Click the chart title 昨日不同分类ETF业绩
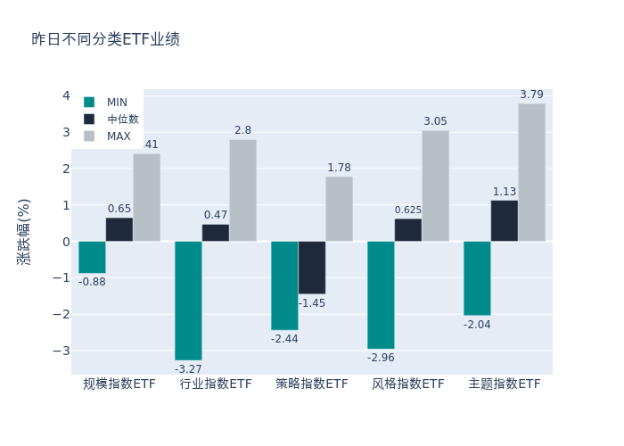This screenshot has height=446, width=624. pos(105,39)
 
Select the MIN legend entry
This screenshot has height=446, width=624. pos(117,103)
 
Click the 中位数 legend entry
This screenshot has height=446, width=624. pos(122,120)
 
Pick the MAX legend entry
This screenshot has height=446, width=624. pos(119,136)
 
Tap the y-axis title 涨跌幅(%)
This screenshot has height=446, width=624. pos(24,232)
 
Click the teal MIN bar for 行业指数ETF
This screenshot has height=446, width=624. pos(188,301)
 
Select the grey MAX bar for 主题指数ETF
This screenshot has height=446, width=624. pos(531,172)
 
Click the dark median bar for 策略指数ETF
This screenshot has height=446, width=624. pos(312,268)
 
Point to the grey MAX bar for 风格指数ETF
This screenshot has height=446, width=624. pos(435,186)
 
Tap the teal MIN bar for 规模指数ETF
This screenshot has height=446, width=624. pos(92,257)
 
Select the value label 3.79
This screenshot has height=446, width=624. pos(531,95)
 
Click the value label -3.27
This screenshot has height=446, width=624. pos(188,369)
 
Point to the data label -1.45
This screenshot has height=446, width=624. pos(312,303)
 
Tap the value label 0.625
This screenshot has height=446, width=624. pos(408,211)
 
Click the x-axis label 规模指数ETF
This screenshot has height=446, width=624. pos(119,384)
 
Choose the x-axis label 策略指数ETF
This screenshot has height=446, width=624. pos(312,384)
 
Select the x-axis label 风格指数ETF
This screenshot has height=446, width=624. pos(408,384)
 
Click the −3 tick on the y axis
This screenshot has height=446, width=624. pos(65,351)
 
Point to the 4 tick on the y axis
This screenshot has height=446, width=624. pos(66,96)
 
